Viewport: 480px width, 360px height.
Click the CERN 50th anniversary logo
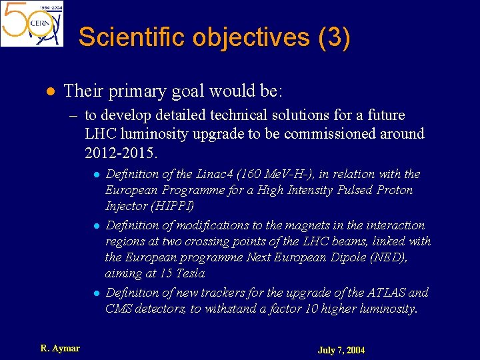tap(32, 23)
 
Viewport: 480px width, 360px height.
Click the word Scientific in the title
tap(133, 37)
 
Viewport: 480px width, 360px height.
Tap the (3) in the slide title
tap(334, 37)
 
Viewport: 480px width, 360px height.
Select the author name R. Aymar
tap(60, 348)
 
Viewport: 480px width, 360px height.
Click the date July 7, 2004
tap(341, 350)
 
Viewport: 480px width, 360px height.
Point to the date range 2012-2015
tap(121, 153)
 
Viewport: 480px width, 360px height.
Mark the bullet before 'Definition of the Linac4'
tap(97, 175)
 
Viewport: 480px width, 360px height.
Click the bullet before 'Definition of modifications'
tap(97, 226)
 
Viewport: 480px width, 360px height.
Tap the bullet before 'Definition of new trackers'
tap(97, 293)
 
